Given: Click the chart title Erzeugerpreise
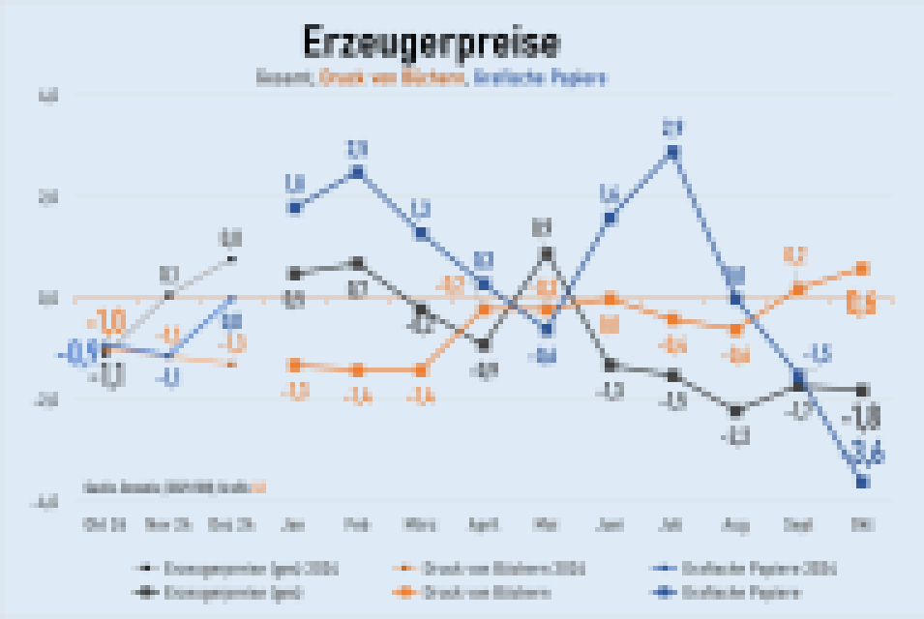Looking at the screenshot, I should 430,44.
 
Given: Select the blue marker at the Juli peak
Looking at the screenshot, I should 671,152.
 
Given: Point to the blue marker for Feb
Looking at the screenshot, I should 357,172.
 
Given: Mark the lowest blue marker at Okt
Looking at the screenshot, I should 861,480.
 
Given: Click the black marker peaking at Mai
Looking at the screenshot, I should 546,253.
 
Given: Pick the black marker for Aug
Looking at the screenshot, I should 734,411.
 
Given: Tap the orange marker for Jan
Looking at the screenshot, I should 295,365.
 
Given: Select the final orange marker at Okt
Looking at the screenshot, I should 861,268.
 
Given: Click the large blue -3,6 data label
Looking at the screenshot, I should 864,452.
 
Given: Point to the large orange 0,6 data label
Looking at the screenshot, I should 860,303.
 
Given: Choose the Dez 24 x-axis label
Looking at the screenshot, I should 232,525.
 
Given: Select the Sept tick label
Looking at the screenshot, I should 797,525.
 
